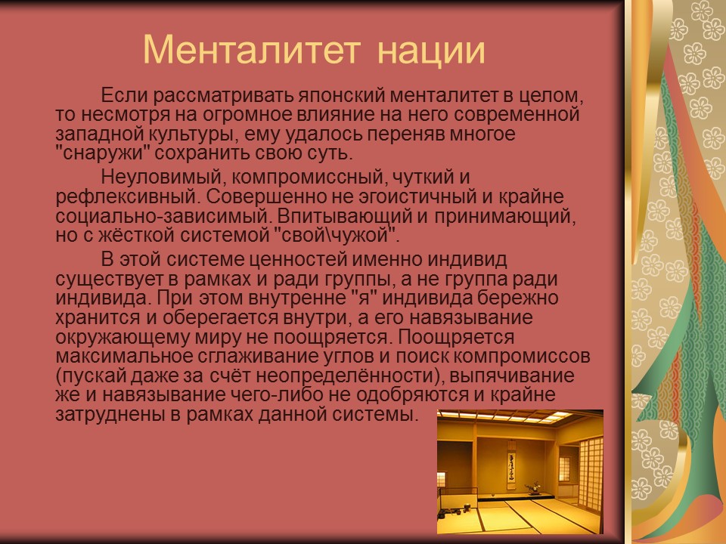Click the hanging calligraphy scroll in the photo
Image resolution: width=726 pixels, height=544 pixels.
coord(510,467)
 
